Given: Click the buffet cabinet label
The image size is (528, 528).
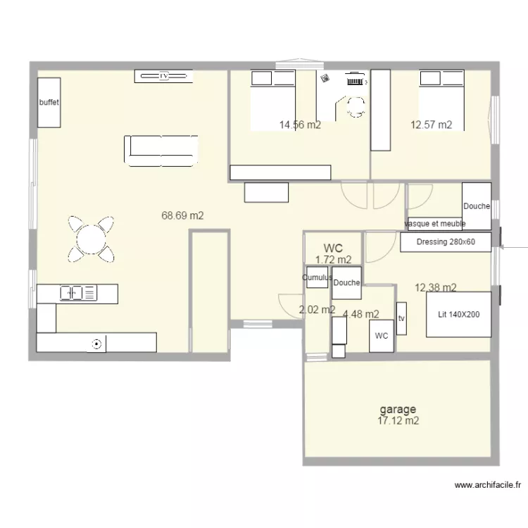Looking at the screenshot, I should tap(49, 103).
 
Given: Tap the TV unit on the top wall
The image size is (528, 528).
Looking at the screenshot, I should tap(164, 75).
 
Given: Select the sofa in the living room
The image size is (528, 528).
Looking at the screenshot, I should tap(161, 150).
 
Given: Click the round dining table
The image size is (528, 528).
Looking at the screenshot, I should tap(91, 237).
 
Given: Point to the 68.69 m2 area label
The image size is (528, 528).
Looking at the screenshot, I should tap(182, 216).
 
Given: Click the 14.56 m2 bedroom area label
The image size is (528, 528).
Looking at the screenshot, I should tap(300, 125).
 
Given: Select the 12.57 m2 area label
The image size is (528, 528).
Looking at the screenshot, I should tap(431, 125).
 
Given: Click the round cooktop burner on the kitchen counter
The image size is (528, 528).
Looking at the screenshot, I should tap(96, 344).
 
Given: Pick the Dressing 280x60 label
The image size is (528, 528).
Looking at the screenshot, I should tap(446, 242).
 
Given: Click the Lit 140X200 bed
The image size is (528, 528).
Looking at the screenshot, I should tap(458, 314).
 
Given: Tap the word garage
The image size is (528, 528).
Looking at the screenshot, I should tap(398, 409).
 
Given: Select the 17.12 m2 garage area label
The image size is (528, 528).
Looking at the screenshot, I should tap(398, 421).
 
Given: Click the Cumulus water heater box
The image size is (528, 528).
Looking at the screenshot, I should tap(317, 278).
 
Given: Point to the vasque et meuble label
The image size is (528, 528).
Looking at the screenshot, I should tap(435, 224).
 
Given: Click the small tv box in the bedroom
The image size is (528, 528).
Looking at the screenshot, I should tap(401, 319).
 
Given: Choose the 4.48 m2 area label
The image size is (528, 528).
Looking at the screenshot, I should tap(360, 315).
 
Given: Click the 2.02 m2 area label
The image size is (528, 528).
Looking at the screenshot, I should tap(317, 309).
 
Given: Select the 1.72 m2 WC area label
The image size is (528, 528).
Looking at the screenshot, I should tap(333, 259).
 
